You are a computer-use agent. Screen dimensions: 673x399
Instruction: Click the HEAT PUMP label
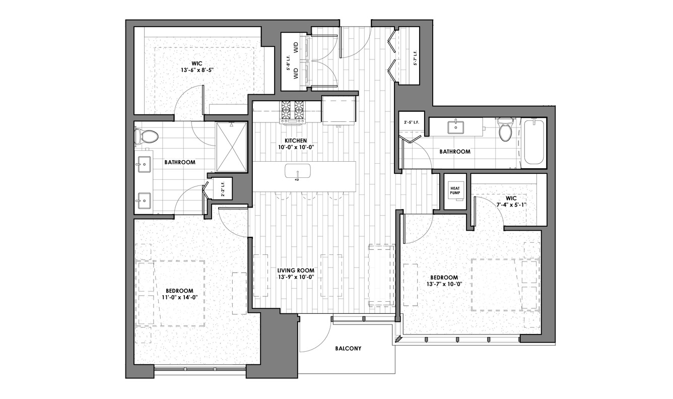(455, 190)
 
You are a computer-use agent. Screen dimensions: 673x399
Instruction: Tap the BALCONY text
(348, 349)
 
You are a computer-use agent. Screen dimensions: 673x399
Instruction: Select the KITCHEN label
(296, 141)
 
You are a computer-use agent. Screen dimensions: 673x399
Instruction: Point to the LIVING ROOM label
(296, 271)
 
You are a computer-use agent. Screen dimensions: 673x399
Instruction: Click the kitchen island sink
(298, 172)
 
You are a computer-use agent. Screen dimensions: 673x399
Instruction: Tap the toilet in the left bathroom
(146, 137)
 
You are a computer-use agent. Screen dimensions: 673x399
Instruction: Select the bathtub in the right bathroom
(534, 142)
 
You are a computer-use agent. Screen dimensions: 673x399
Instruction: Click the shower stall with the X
(231, 147)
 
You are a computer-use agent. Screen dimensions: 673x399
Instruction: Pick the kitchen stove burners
(292, 110)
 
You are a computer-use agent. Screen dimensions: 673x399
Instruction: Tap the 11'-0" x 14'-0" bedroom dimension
(180, 297)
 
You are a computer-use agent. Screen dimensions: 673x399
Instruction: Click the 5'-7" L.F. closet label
(416, 58)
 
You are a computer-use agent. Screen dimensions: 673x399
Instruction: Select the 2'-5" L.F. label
(412, 122)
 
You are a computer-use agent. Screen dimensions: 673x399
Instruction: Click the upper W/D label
(296, 48)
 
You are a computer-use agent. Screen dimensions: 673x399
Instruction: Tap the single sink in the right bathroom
(455, 127)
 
